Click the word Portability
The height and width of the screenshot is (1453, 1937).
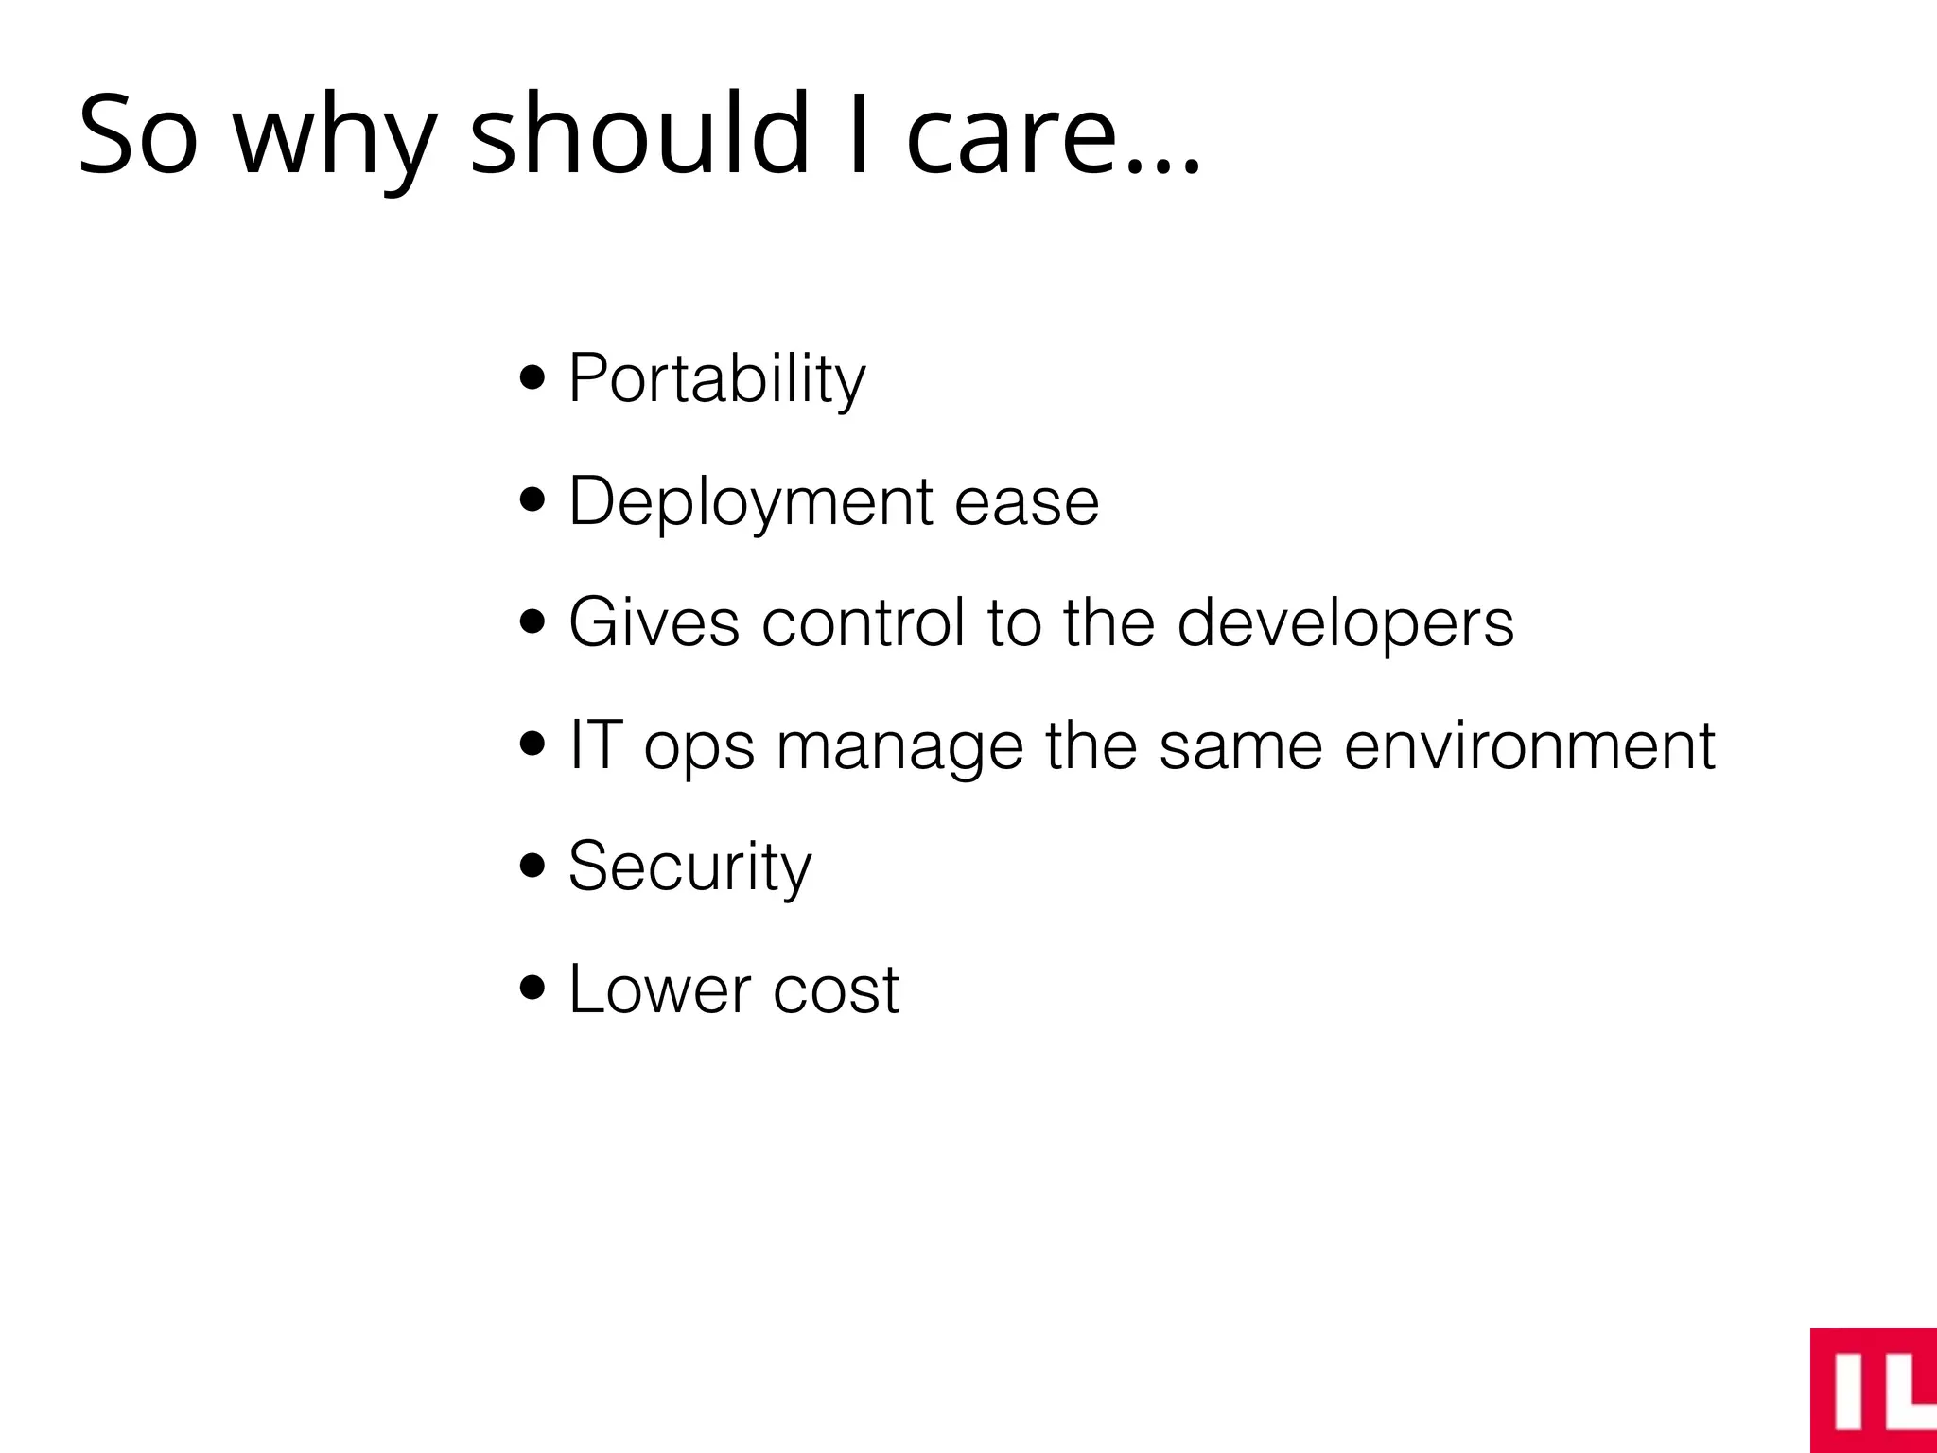point(716,378)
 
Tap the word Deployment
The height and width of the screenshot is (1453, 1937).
point(751,501)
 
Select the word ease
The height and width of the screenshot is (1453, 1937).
point(1026,501)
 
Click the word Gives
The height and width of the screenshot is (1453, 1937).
point(654,622)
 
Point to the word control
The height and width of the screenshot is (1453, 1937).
point(864,622)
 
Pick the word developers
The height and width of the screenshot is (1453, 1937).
point(1345,622)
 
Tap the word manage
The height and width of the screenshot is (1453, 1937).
point(899,747)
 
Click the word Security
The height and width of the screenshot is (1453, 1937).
point(689,867)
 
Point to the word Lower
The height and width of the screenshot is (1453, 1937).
point(660,989)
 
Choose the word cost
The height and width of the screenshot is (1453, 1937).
point(836,989)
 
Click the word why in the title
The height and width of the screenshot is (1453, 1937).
point(334,137)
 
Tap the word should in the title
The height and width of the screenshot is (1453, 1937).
point(639,132)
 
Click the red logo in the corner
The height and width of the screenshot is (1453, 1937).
point(1873,1390)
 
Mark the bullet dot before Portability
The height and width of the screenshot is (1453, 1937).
point(533,377)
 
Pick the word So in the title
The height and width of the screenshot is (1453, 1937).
point(138,134)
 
